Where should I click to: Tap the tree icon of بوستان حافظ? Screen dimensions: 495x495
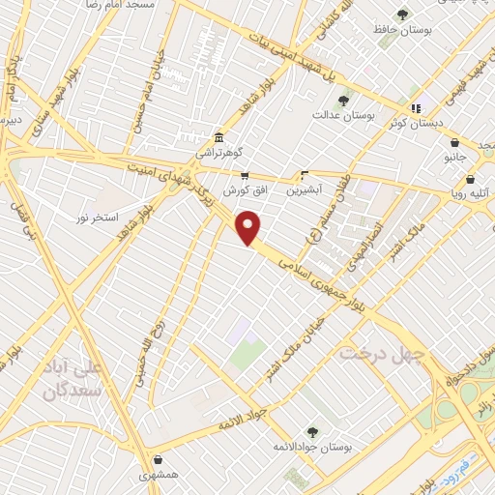[402, 15]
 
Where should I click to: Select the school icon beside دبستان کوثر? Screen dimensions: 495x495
[416, 108]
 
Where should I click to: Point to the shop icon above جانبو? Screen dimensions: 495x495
[454, 142]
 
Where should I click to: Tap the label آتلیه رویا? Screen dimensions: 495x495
[470, 192]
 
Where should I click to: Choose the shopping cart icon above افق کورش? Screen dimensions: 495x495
[245, 175]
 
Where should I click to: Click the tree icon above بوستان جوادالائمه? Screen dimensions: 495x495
[311, 431]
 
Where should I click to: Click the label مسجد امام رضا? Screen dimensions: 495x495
[123, 5]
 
